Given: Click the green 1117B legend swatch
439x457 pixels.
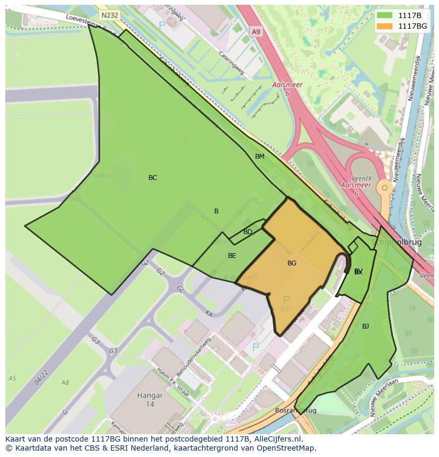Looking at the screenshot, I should (384, 15).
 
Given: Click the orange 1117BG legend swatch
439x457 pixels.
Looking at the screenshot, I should (384, 25).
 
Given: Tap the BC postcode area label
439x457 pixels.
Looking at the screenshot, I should (153, 178).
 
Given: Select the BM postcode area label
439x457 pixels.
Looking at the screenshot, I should (259, 157).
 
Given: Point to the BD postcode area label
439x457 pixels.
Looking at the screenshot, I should (248, 232).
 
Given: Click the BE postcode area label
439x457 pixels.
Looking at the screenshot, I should (232, 256).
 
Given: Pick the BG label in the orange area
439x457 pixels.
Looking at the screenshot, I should (292, 263).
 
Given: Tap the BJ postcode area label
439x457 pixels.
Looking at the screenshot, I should (365, 326).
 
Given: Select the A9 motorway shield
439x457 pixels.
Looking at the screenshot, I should (256, 32).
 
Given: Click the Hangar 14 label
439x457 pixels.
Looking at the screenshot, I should (149, 399).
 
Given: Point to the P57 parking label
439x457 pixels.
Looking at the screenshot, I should (287, 308).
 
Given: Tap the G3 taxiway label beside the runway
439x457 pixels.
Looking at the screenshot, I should (113, 351).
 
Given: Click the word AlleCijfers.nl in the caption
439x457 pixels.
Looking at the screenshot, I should (276, 439).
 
